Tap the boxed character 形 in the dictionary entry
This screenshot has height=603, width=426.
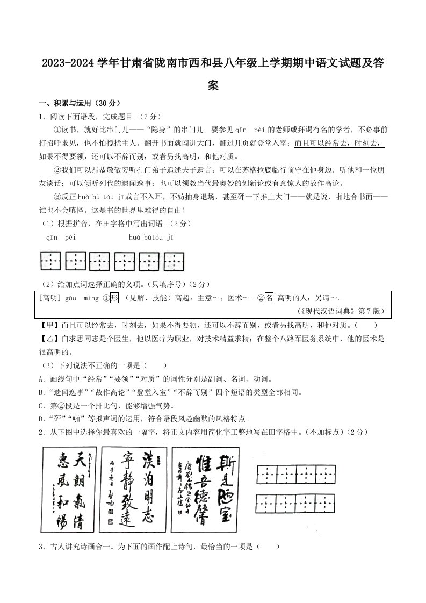click(113, 297)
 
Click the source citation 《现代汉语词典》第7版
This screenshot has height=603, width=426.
click(339, 311)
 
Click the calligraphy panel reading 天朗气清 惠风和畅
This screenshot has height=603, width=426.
click(69, 490)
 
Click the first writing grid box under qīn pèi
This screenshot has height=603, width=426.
click(51, 262)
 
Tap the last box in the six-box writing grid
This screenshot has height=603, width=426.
click(175, 262)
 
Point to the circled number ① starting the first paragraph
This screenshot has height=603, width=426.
click(57, 130)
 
